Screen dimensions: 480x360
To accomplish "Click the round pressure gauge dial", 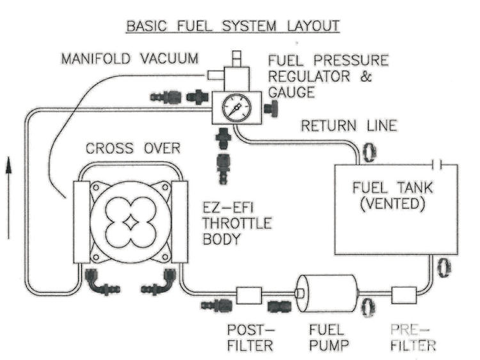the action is click(x=237, y=108).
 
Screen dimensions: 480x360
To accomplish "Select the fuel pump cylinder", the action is click(x=327, y=293).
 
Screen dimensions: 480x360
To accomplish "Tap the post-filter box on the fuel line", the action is click(x=249, y=295).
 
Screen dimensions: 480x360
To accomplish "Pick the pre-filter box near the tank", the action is click(x=404, y=295).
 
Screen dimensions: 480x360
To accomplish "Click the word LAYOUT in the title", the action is click(x=314, y=26).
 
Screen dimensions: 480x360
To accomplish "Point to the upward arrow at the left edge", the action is click(x=8, y=198).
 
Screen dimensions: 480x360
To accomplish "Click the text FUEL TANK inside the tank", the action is click(x=393, y=188).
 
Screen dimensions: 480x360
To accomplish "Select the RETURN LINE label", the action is click(x=349, y=126).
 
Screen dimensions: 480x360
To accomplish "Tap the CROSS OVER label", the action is click(x=133, y=148).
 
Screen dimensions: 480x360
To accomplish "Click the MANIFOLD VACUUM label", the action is click(x=130, y=58).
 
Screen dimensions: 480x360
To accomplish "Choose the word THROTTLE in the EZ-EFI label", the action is click(x=237, y=223).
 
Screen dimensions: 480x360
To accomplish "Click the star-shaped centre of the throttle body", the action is click(x=130, y=223).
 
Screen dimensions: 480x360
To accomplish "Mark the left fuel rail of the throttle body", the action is click(x=82, y=222).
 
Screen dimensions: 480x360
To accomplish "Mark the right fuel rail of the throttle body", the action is click(x=180, y=222).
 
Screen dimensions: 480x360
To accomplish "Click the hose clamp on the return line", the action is click(x=369, y=152).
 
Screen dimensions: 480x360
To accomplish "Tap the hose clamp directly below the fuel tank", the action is click(x=444, y=267).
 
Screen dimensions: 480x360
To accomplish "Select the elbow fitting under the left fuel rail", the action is click(x=101, y=281).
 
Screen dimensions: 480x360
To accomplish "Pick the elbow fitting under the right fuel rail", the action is click(x=159, y=281).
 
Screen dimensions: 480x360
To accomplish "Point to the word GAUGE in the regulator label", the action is click(x=291, y=92).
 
